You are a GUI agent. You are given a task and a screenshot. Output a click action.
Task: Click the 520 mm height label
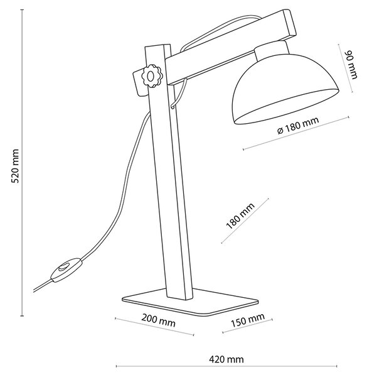coord(15,166)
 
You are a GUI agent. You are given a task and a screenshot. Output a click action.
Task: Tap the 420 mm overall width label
coord(226,359)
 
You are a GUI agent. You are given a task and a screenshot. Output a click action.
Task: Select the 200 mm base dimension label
coord(158,320)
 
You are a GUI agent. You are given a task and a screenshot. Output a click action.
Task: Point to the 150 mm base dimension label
coord(248,320)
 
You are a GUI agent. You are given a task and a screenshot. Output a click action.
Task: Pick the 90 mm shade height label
coord(351,65)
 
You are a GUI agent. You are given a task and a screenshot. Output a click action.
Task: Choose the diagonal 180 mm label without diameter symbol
coord(240,216)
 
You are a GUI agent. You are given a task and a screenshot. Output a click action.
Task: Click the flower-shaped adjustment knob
coord(151,76)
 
